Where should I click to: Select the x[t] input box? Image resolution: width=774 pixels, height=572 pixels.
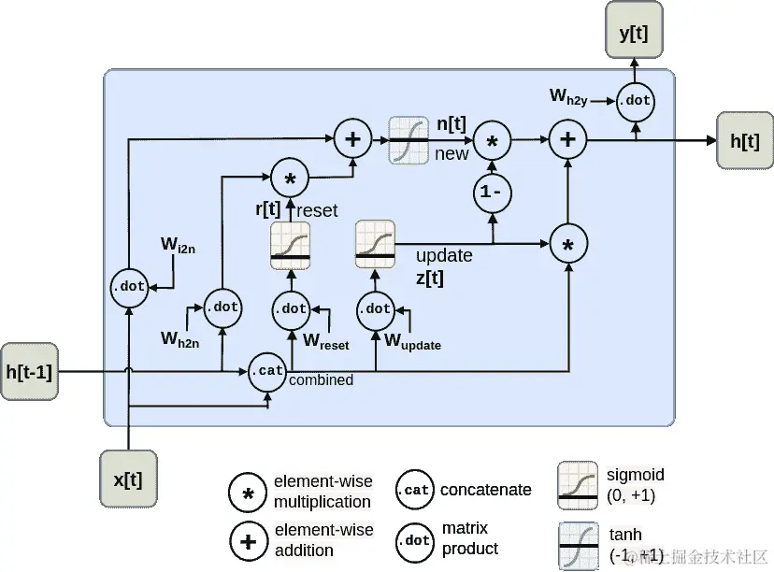coord(127,479)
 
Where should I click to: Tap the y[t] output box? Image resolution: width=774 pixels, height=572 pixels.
coord(633,31)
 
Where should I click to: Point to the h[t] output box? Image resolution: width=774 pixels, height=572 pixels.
coord(744,141)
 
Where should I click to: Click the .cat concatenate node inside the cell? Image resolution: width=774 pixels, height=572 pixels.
coord(267,371)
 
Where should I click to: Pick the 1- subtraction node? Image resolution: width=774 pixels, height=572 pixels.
coord(492,193)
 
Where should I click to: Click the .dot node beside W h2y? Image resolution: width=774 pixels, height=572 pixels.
coord(636,101)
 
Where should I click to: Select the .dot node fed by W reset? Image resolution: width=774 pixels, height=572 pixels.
coord(291,308)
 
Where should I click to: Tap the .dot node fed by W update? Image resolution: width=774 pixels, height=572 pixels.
coord(376,308)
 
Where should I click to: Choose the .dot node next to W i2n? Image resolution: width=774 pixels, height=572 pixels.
coord(128,287)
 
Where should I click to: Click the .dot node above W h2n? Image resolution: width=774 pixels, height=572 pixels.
coord(222,306)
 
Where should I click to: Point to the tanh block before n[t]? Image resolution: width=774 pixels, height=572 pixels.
coord(408,140)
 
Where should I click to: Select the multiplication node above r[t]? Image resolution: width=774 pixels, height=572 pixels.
coord(290,179)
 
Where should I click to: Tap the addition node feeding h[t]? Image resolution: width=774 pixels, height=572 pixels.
coord(566,140)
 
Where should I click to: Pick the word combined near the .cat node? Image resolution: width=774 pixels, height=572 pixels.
coord(321,380)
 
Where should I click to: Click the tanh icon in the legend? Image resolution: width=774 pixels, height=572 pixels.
coord(577,544)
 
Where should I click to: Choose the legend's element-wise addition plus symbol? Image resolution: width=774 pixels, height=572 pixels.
coord(249,540)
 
